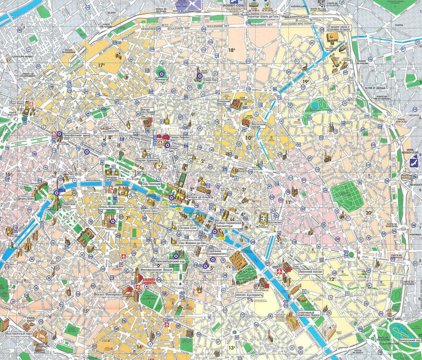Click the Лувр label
(x=172, y=203)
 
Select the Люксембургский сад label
(x=170, y=261)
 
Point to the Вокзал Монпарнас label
(x=108, y=294)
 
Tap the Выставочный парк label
(x=17, y=332)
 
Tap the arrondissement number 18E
(x=231, y=50)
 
